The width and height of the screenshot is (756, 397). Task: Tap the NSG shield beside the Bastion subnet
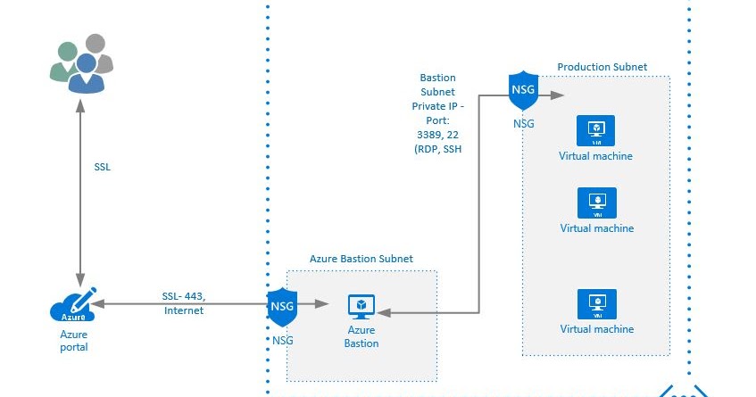click(282, 306)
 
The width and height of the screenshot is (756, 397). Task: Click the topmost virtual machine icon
click(594, 131)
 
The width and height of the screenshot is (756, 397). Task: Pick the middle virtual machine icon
click(594, 202)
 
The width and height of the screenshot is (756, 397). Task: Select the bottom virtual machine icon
click(594, 303)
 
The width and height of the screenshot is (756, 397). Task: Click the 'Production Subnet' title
click(602, 67)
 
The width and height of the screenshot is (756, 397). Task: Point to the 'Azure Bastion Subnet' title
click(361, 259)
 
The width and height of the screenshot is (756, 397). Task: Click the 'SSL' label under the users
click(103, 167)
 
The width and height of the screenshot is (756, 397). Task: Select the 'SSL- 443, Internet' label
click(184, 303)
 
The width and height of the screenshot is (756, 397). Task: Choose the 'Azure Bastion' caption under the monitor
click(361, 337)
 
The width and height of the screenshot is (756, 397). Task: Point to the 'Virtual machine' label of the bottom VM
click(596, 329)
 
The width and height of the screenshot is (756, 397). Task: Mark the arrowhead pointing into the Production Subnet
click(557, 94)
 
